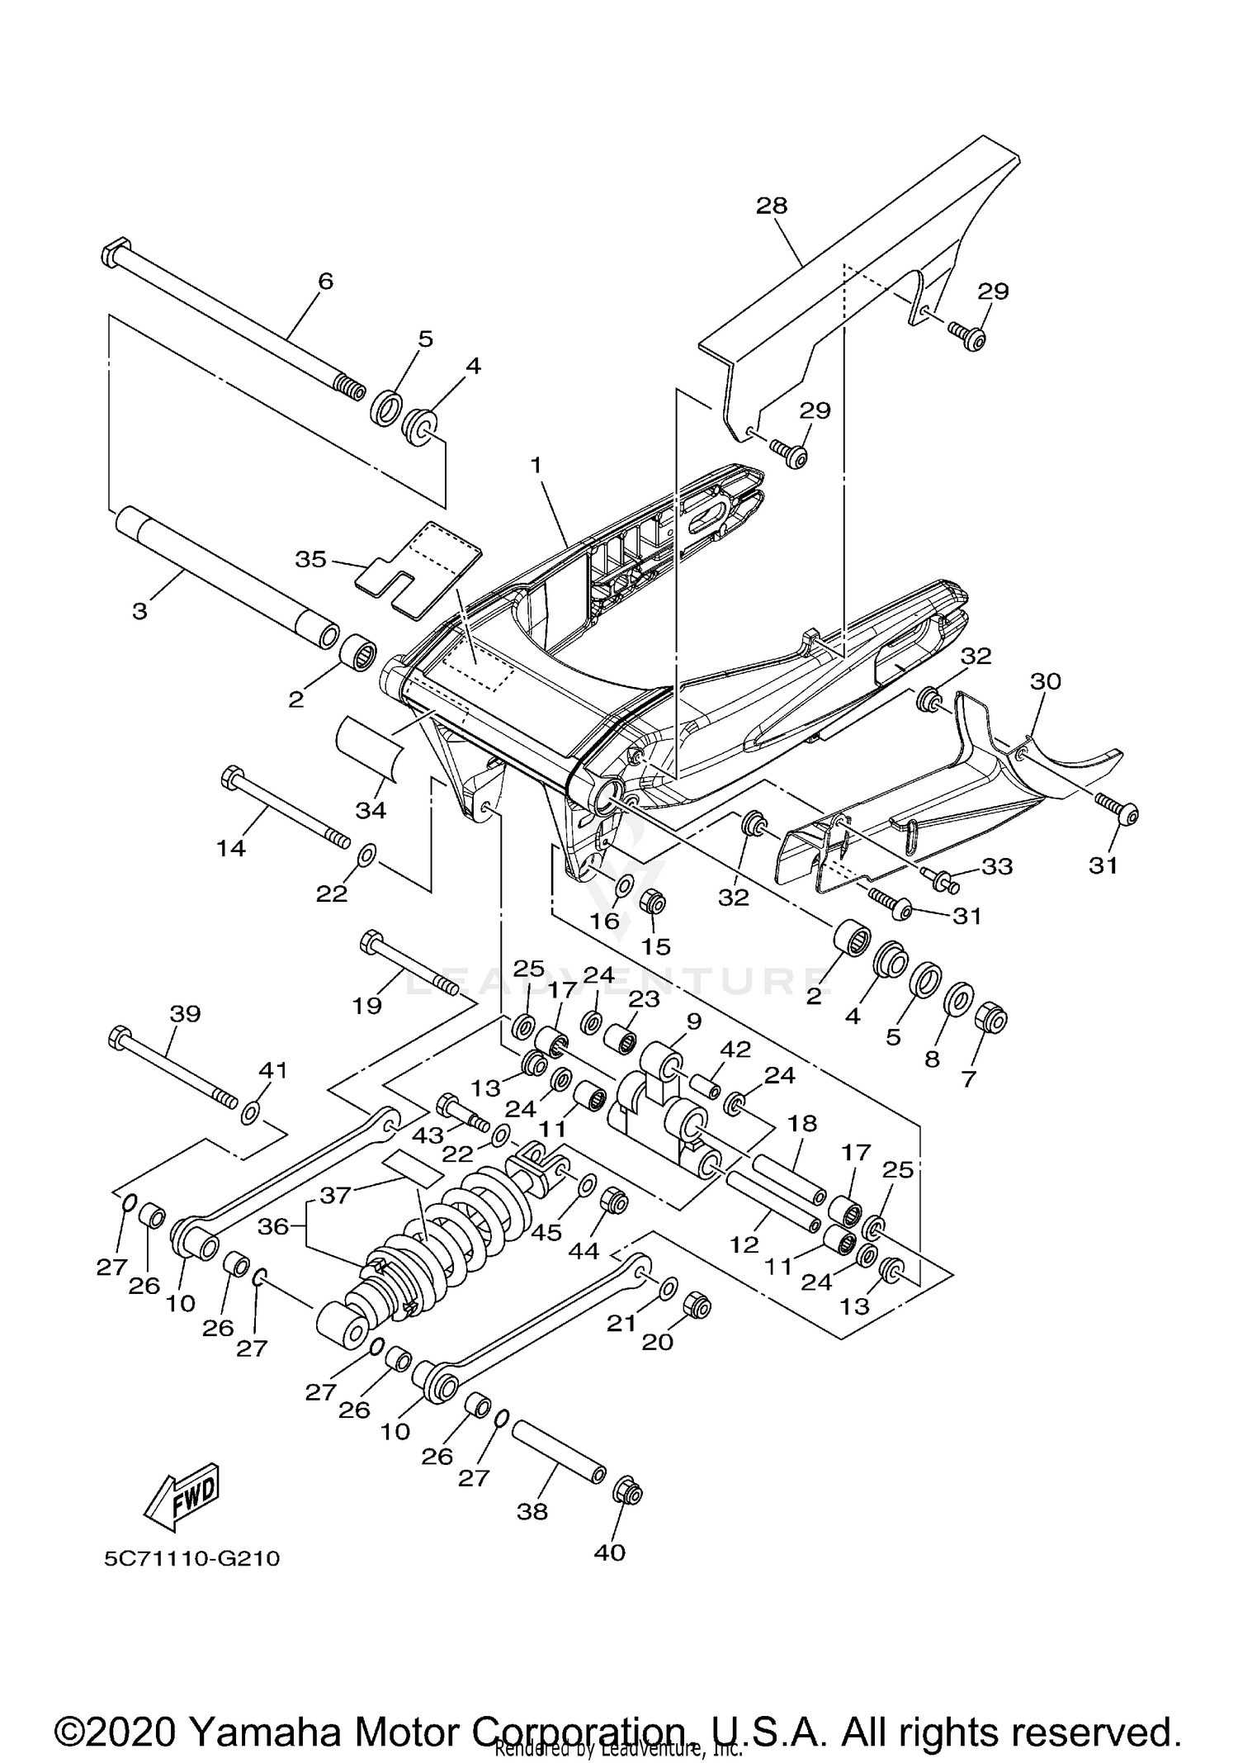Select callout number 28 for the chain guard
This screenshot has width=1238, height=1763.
(772, 206)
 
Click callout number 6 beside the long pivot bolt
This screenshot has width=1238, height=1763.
(325, 282)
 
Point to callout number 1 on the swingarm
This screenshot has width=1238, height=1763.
(536, 466)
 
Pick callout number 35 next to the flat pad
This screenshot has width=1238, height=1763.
(311, 559)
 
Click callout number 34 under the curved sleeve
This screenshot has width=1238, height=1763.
(371, 810)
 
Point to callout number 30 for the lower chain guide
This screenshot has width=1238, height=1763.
(1046, 681)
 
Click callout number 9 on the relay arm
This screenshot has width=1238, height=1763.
(693, 1021)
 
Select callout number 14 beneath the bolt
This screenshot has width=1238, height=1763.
(231, 847)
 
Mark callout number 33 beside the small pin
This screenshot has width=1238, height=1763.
(996, 866)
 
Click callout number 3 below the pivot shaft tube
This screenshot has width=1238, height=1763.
(140, 612)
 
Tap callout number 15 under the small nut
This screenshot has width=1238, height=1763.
(656, 946)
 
